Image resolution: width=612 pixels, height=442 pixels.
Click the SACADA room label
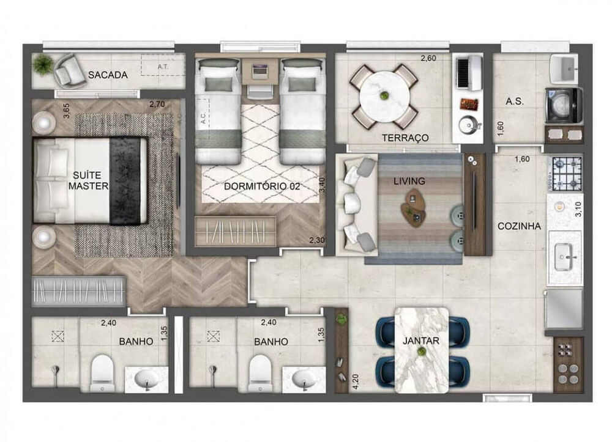coord(108,75)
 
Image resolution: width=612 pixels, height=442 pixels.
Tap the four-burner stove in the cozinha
coord(567,173)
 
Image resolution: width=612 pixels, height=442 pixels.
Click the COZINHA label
coord(519,226)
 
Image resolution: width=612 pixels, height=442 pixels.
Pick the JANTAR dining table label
coord(421,341)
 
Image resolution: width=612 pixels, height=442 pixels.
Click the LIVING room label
coord(409,181)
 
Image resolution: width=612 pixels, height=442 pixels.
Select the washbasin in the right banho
coord(305,379)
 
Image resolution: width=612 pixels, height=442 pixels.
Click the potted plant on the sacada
coord(43,64)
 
